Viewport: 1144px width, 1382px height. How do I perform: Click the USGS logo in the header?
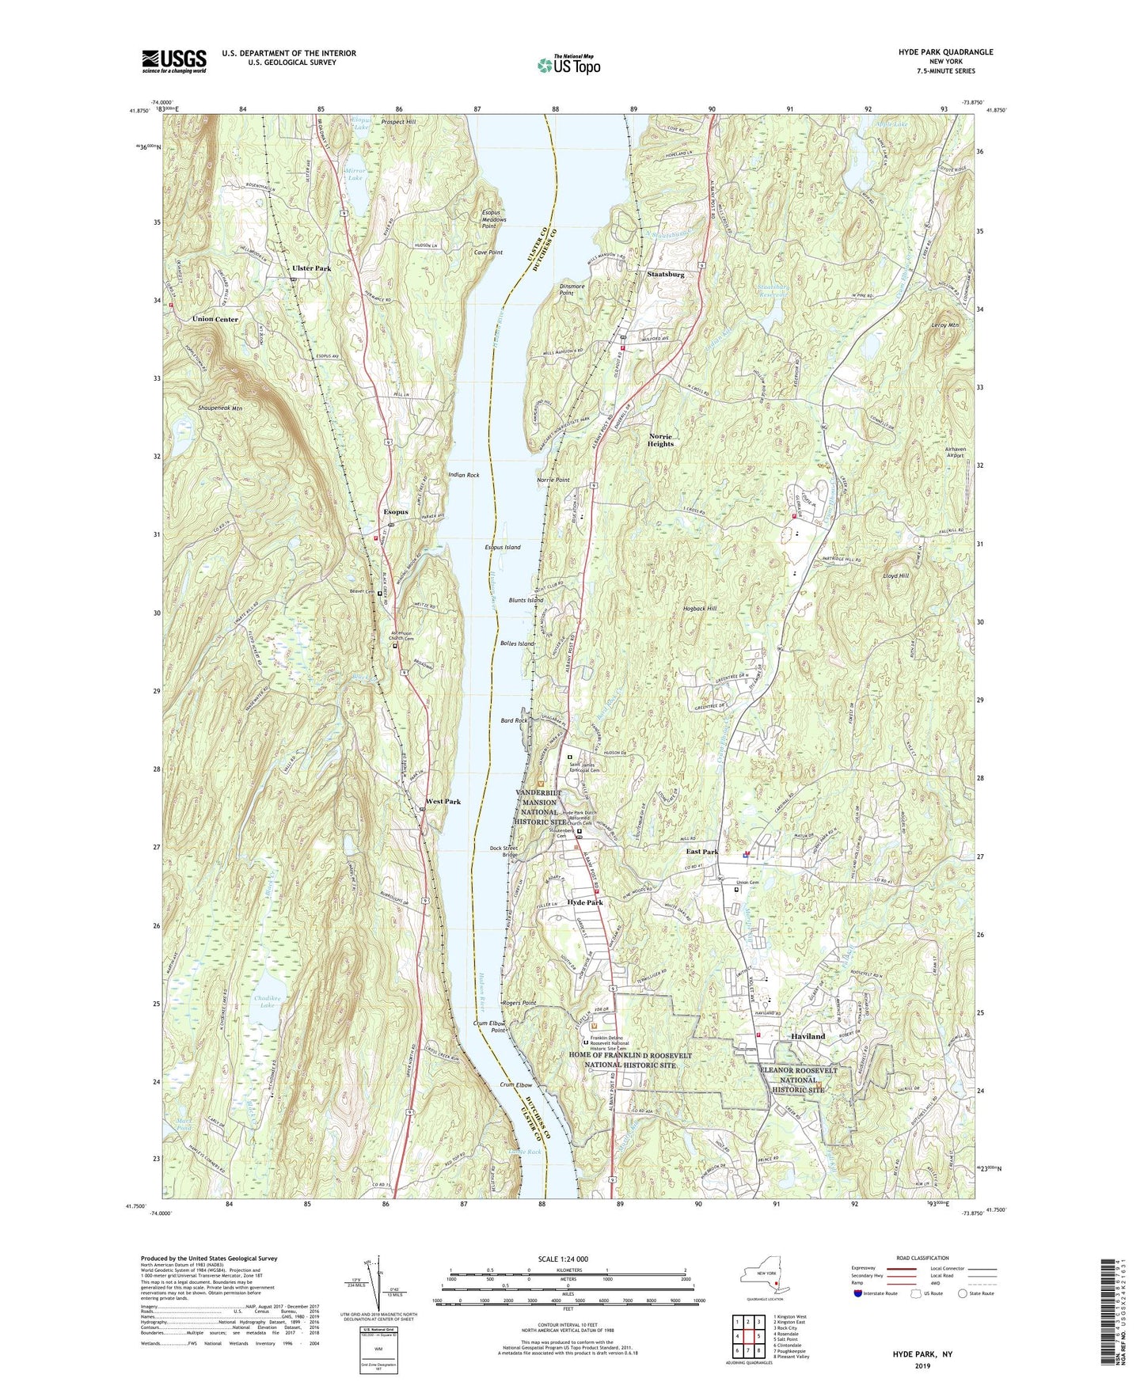click(174, 61)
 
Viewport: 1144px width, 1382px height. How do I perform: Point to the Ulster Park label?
click(311, 268)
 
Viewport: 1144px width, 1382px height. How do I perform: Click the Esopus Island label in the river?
click(503, 547)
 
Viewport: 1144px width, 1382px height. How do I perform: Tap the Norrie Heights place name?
click(660, 439)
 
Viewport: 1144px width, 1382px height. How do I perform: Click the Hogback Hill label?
click(699, 609)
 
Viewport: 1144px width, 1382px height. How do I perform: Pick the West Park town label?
click(443, 802)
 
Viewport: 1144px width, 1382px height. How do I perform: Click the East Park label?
click(701, 852)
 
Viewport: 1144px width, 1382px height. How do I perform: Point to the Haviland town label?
click(808, 1036)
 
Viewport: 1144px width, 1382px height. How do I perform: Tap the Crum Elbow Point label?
click(489, 1027)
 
